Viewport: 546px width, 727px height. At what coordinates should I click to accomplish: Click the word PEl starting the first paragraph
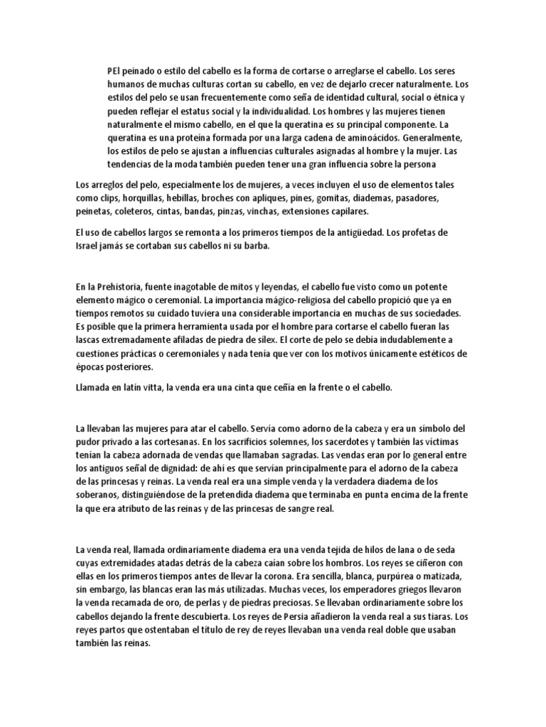[112, 71]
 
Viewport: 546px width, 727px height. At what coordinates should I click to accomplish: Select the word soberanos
[100, 496]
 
